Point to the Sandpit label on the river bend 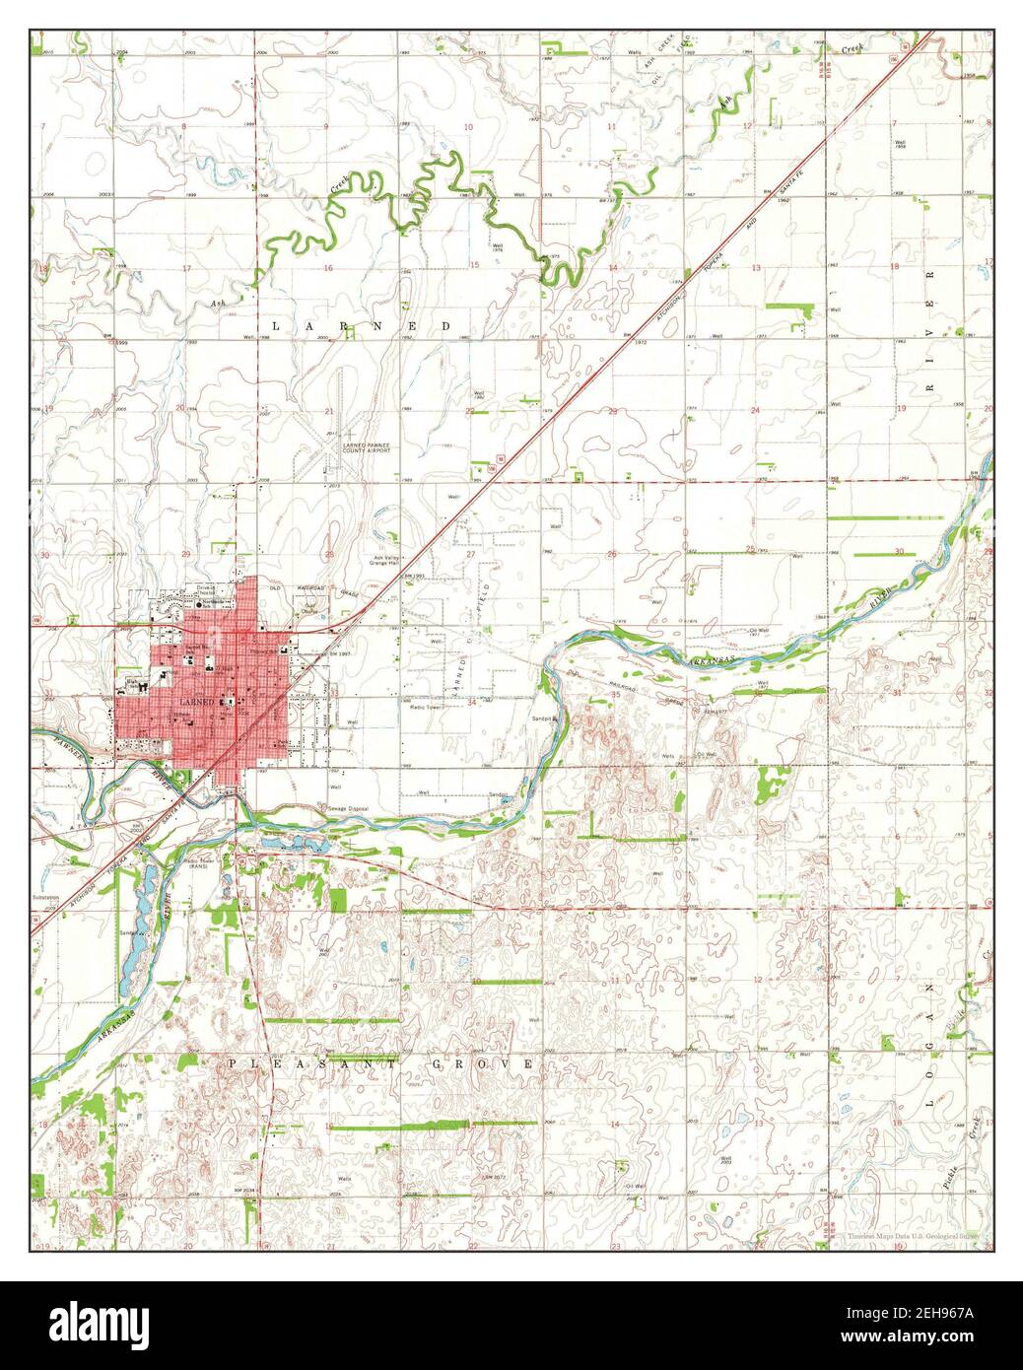[x=548, y=719]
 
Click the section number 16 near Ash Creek [x=327, y=268]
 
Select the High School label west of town [x=130, y=684]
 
